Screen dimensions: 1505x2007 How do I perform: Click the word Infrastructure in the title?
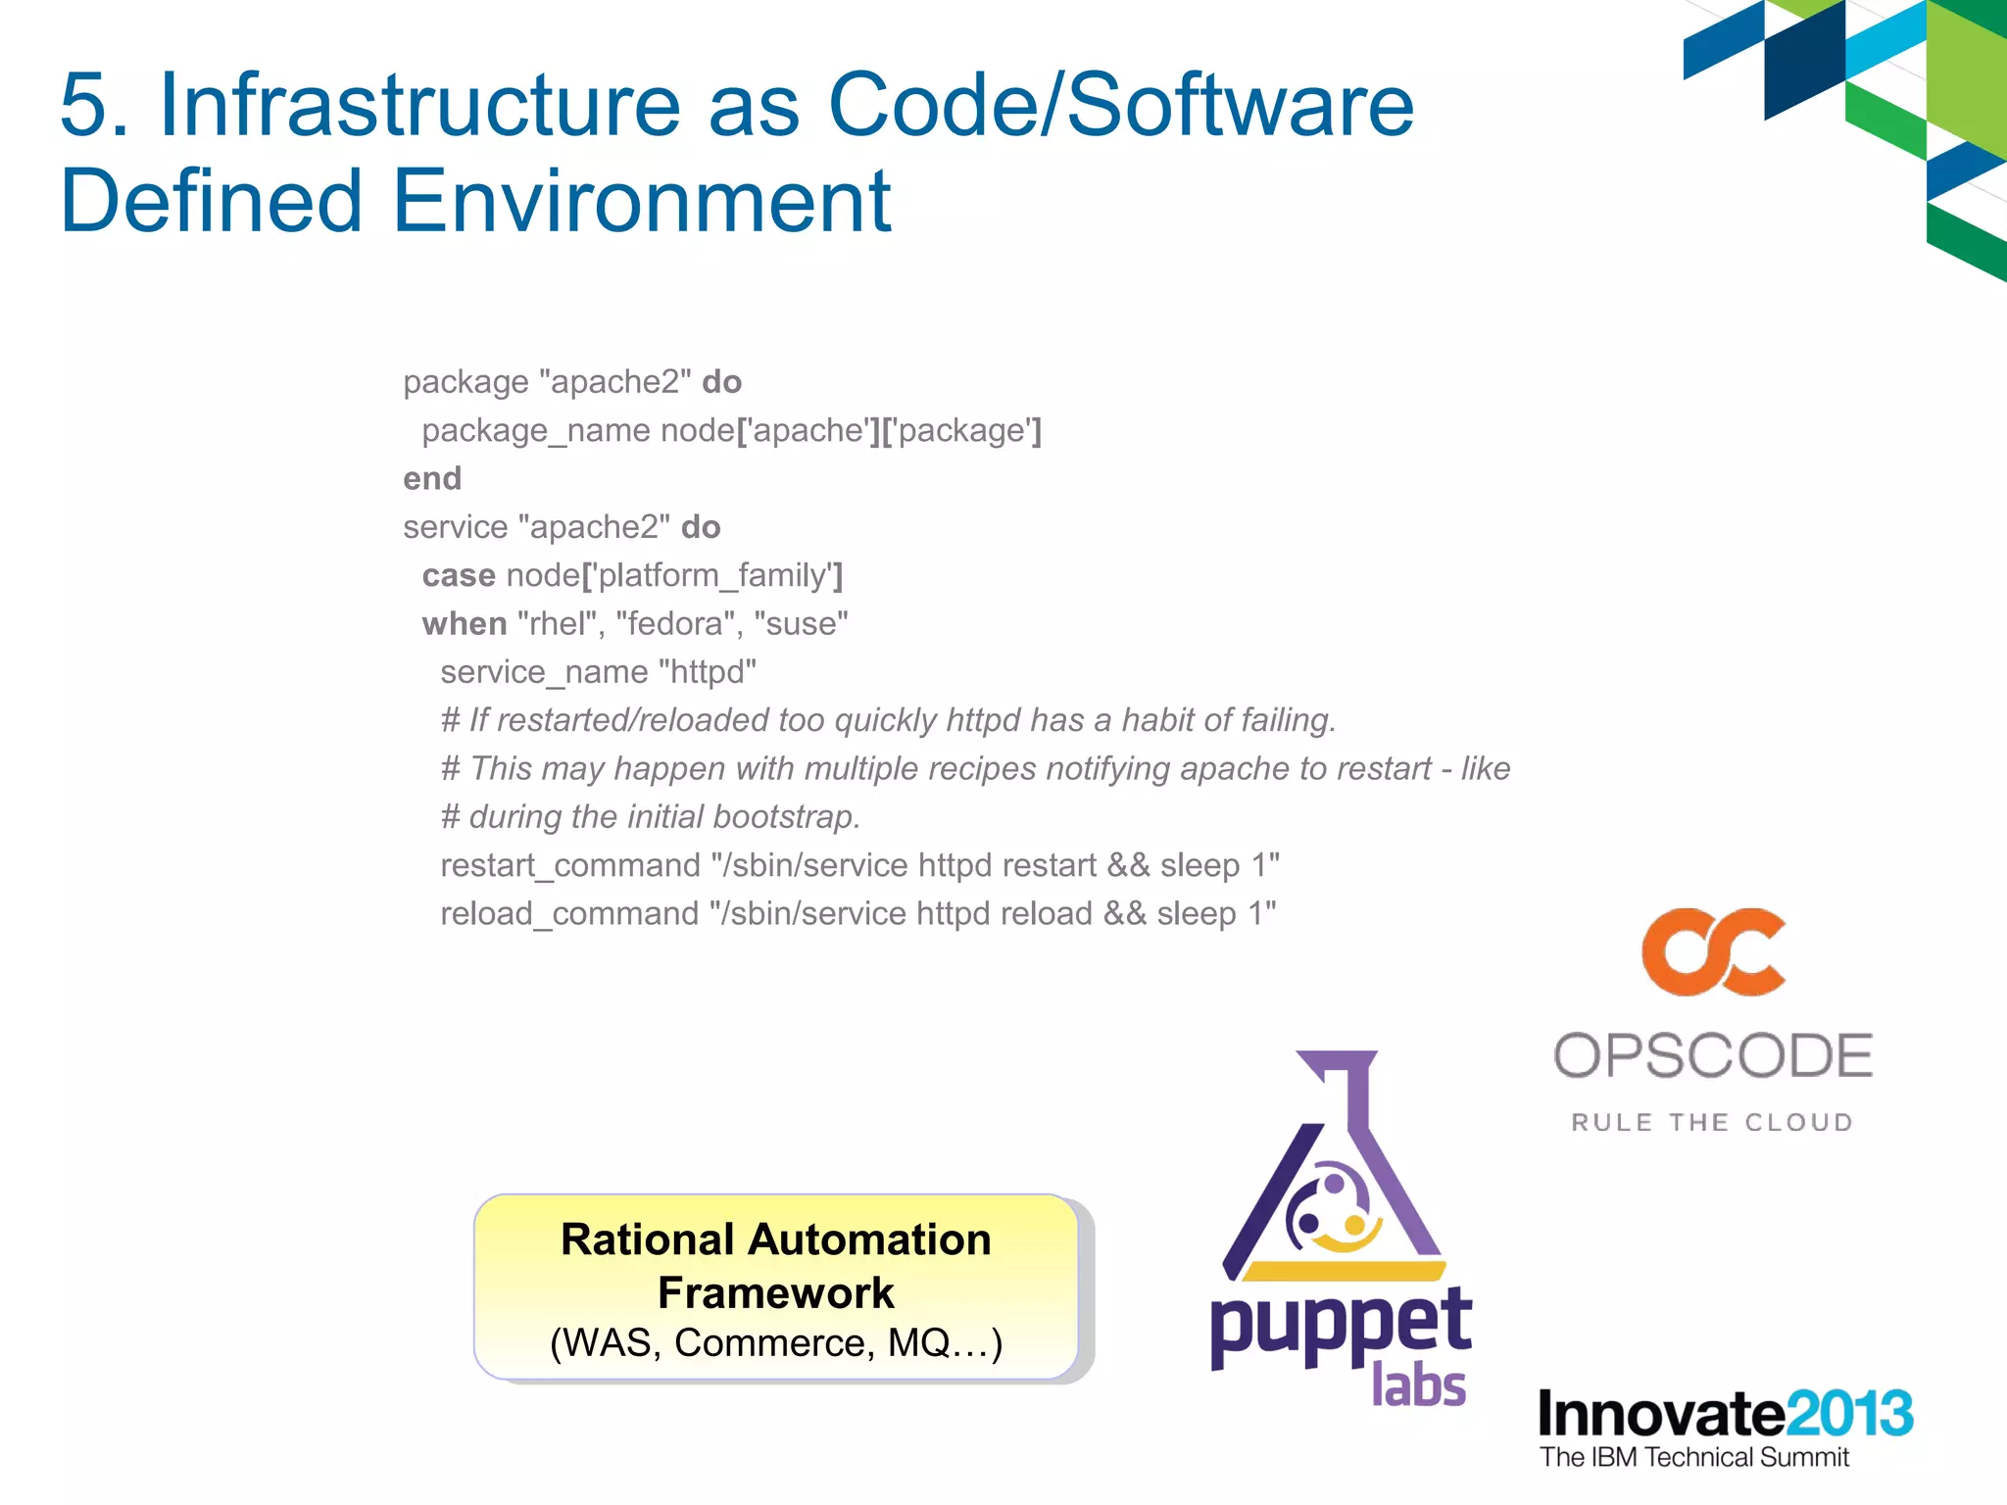419,106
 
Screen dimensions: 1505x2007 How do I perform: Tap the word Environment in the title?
642,203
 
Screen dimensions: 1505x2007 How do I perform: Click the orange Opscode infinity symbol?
1714,952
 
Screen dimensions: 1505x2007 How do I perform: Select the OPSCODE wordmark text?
1713,1056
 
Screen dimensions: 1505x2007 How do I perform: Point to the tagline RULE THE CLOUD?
1713,1123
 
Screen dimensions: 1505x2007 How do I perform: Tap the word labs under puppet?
1418,1384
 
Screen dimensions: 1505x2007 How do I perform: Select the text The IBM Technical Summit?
1693,1458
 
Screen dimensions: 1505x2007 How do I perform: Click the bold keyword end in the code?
432,479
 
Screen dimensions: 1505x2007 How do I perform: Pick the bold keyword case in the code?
459,576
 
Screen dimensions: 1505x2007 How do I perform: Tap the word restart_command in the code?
570,866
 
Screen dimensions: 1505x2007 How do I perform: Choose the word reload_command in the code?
569,914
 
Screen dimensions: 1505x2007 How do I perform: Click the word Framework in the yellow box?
775,1293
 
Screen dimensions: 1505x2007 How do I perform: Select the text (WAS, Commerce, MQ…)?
775,1343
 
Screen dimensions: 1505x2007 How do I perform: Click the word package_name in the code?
536,431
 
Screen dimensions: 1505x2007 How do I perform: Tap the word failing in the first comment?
1287,720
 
